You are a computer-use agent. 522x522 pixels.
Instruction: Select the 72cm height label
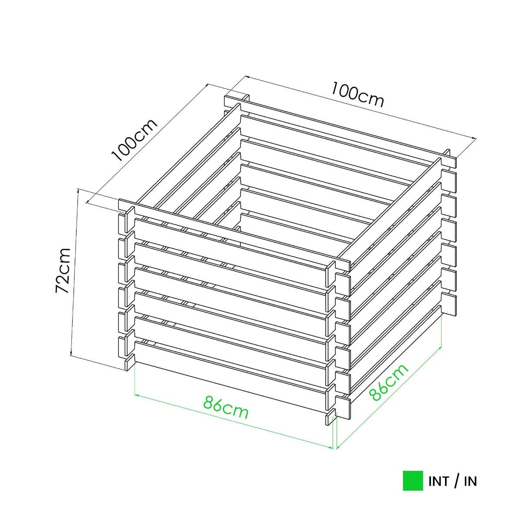(x=64, y=270)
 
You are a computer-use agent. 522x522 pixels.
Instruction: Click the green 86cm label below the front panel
(x=226, y=407)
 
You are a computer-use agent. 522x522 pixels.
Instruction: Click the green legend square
(x=412, y=481)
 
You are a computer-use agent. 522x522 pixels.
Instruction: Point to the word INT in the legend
(x=438, y=482)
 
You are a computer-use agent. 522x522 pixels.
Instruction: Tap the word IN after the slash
(x=470, y=482)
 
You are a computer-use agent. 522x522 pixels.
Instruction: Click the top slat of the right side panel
(x=391, y=209)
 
